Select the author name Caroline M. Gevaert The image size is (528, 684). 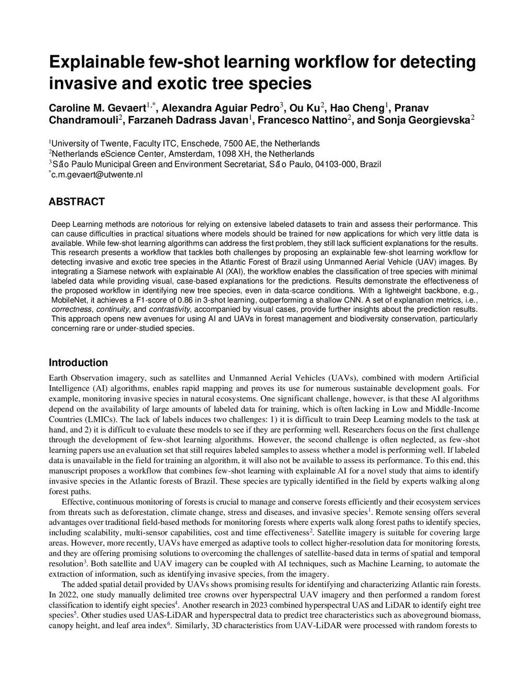click(x=97, y=108)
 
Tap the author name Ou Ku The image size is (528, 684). click(x=304, y=108)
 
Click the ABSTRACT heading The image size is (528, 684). click(x=77, y=202)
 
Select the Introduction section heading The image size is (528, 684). click(x=78, y=362)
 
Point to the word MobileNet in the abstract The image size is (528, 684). click(x=70, y=300)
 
